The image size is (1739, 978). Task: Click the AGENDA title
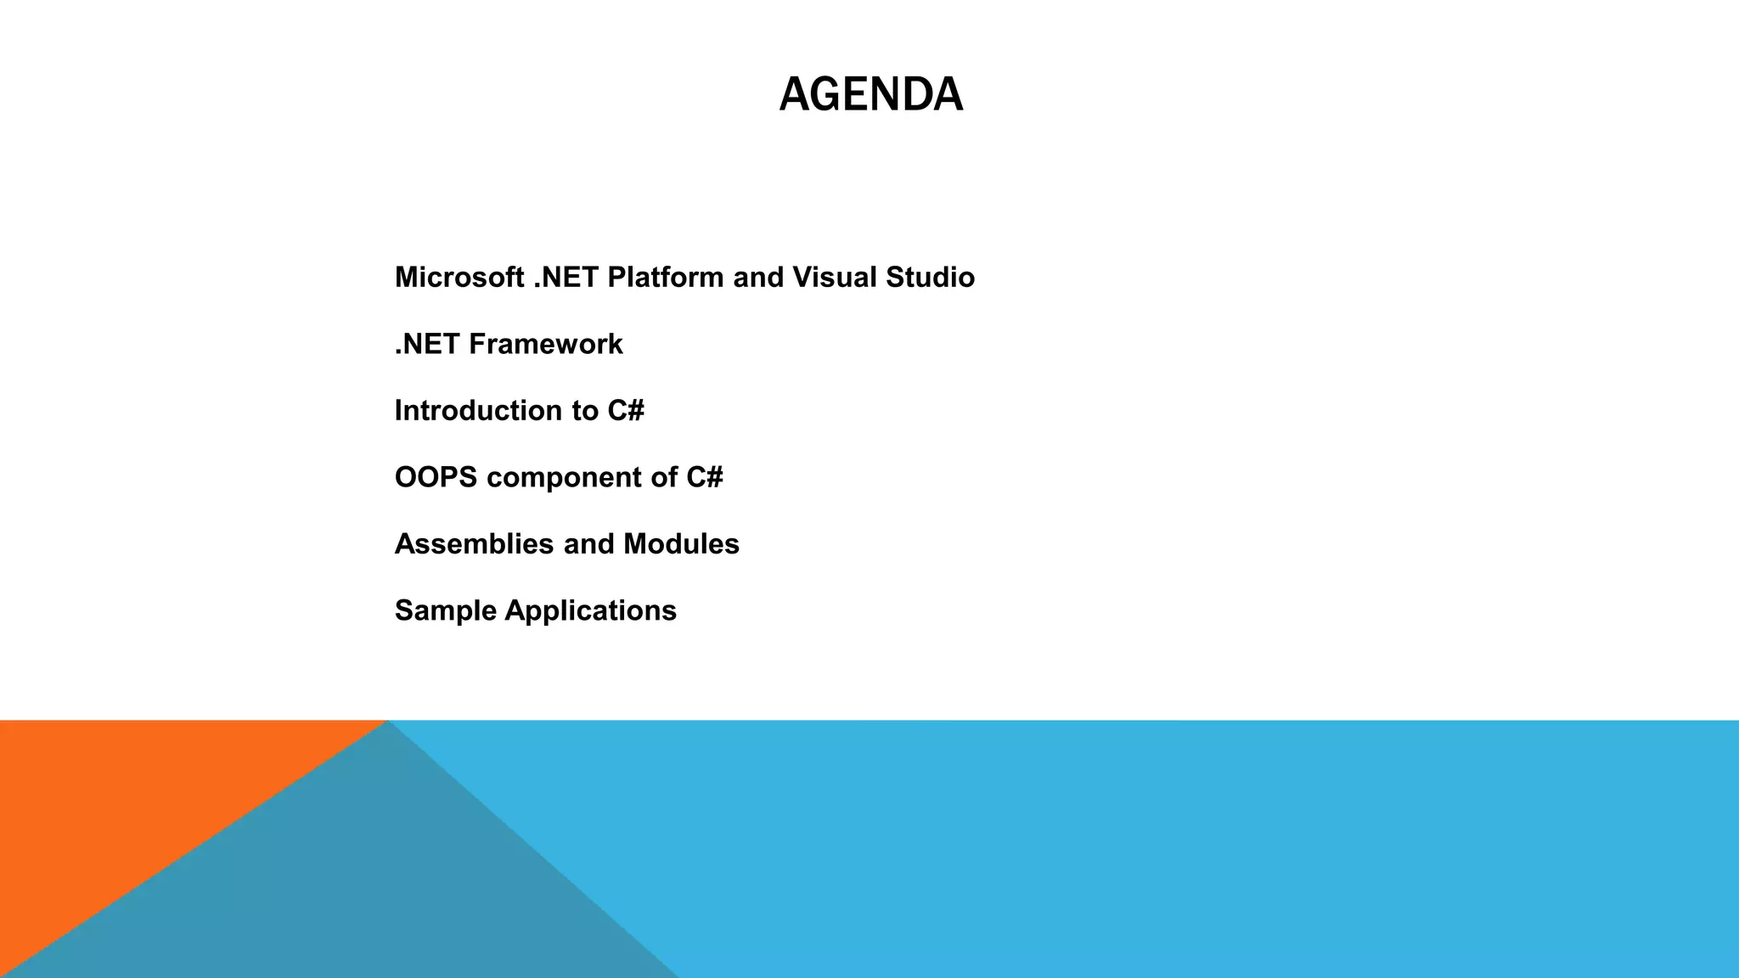[870, 93]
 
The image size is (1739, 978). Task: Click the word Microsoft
[459, 278]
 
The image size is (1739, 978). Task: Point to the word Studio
[930, 278]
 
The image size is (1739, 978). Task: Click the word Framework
[545, 344]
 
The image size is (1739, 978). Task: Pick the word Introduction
[478, 411]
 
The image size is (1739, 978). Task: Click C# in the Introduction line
[626, 411]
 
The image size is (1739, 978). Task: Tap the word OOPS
[436, 477]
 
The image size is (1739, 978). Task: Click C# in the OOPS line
[704, 477]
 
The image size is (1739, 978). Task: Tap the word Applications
[590, 611]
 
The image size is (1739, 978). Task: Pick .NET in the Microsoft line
[566, 278]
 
